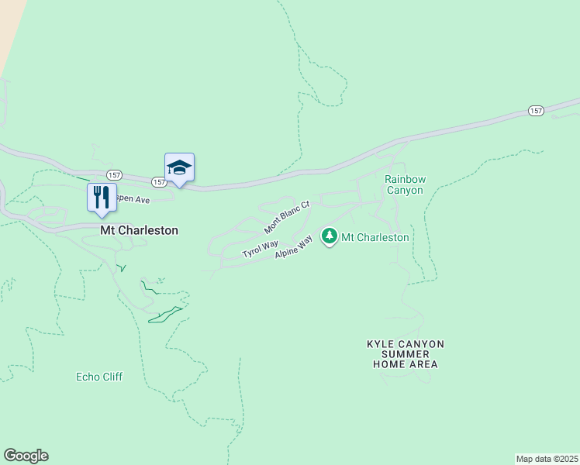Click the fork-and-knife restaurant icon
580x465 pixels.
(102, 198)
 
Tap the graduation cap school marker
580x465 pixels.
(179, 168)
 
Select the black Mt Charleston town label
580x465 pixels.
(139, 230)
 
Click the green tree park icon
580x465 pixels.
(330, 236)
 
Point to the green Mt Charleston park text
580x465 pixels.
(375, 237)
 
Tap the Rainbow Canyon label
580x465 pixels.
(404, 184)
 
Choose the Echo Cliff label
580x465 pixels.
(99, 377)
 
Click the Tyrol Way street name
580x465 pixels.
(260, 249)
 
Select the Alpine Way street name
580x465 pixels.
(293, 249)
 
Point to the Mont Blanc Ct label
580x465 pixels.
(286, 217)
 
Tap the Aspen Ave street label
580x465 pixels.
(131, 199)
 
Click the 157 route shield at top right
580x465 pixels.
(536, 111)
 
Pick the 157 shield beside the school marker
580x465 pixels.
(159, 182)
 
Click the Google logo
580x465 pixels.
(26, 456)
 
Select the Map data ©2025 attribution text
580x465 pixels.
(547, 458)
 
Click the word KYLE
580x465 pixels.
(382, 343)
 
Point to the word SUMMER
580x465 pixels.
(406, 353)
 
